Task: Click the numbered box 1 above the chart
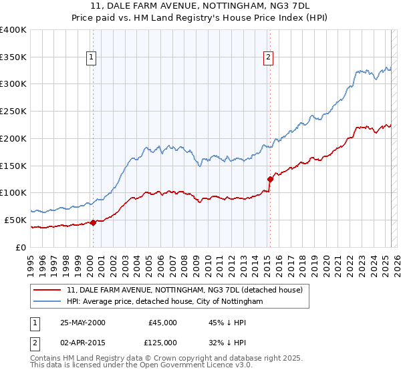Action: (90, 58)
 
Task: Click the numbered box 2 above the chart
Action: (268, 58)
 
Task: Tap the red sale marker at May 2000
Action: (94, 223)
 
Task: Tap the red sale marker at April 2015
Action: (270, 179)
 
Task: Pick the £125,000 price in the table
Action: (162, 343)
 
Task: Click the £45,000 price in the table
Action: (162, 323)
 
